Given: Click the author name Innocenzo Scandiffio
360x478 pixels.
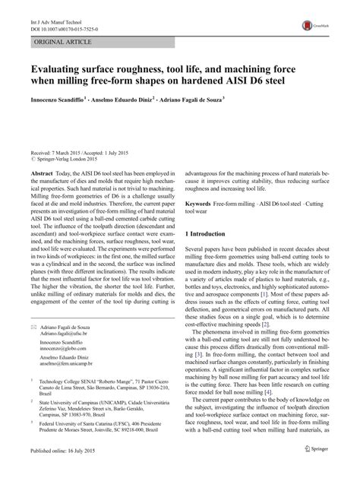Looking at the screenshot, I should click(x=57, y=98).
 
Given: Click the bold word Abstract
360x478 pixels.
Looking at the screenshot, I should click(x=43, y=173).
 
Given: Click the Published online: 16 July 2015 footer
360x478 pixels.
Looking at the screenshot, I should click(x=65, y=472).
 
